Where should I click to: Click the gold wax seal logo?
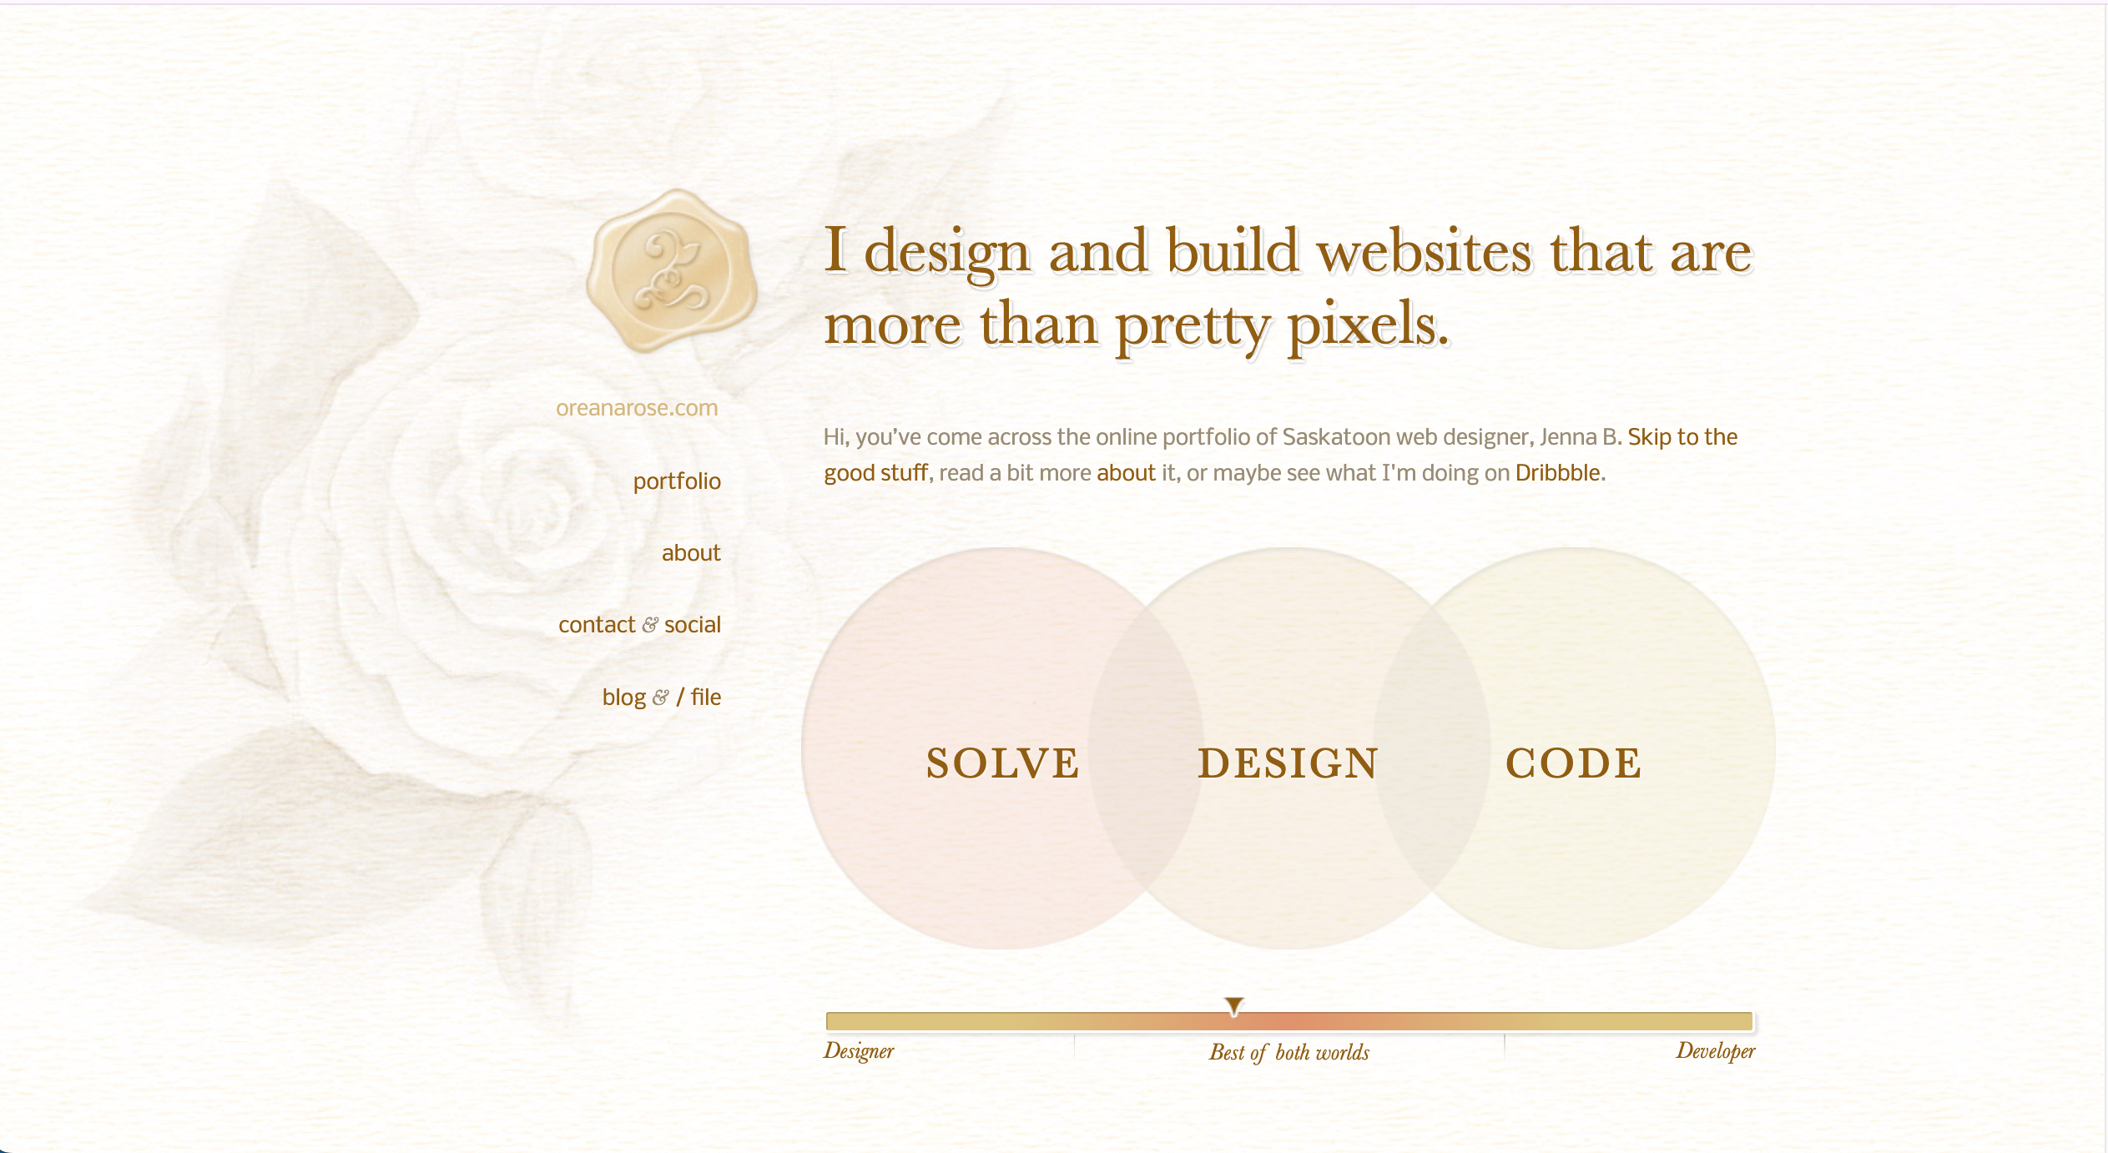pyautogui.click(x=672, y=270)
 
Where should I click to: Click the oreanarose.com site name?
pyautogui.click(x=637, y=408)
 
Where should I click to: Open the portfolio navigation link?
pyautogui.click(x=677, y=481)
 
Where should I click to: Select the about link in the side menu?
pyautogui.click(x=691, y=553)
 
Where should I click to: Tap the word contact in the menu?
pyautogui.click(x=597, y=625)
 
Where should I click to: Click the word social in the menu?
pyautogui.click(x=693, y=625)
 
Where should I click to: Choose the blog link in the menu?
pyautogui.click(x=624, y=697)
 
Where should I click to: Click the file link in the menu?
pyautogui.click(x=706, y=697)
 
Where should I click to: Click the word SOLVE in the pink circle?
pyautogui.click(x=1003, y=763)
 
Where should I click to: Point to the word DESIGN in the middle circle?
pyautogui.click(x=1289, y=763)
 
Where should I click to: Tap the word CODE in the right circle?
pyautogui.click(x=1574, y=763)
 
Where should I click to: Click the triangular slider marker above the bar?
pyautogui.click(x=1234, y=1005)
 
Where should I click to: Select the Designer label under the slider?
pyautogui.click(x=859, y=1051)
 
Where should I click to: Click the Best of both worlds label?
pyautogui.click(x=1289, y=1053)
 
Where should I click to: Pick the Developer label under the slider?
pyautogui.click(x=1716, y=1051)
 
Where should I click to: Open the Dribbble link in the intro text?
pyautogui.click(x=1558, y=473)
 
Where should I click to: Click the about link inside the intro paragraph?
pyautogui.click(x=1126, y=473)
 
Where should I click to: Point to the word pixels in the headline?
pyautogui.click(x=1369, y=324)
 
